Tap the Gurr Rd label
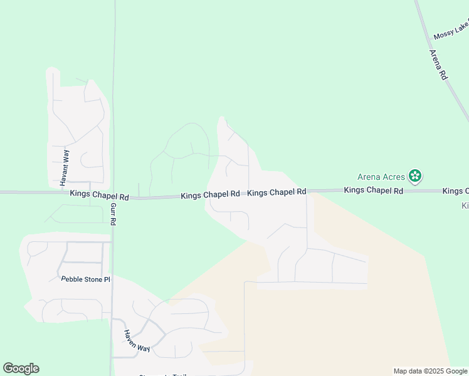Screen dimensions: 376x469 (x=113, y=214)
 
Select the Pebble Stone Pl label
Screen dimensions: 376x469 (x=85, y=279)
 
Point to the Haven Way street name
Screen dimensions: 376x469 (x=136, y=340)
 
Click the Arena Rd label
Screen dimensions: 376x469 (x=438, y=65)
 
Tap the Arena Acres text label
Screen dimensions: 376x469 (x=381, y=177)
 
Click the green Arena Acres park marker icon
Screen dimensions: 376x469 (x=414, y=176)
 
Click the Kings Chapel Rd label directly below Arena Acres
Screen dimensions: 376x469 (x=374, y=190)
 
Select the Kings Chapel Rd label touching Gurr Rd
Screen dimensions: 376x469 (x=99, y=196)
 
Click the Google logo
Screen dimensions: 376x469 (x=21, y=368)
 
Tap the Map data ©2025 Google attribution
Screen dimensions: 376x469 (x=430, y=371)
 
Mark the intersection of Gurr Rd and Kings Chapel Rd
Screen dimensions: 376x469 (x=113, y=196)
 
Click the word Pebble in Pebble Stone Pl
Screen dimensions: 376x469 (x=72, y=279)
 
